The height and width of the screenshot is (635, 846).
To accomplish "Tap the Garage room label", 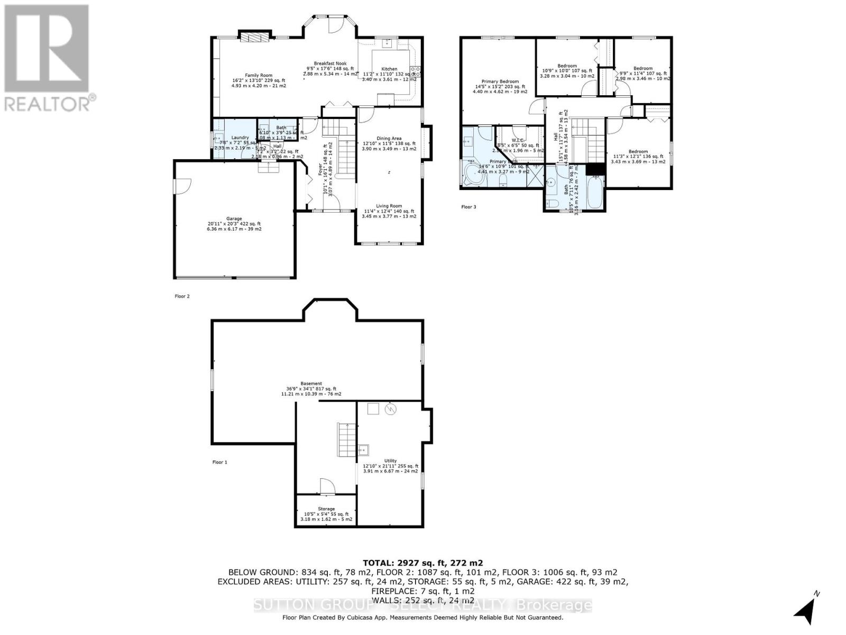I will coord(234,219).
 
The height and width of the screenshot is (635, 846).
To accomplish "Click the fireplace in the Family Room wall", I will coord(256,36).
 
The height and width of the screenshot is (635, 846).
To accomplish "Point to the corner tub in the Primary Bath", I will coord(472,174).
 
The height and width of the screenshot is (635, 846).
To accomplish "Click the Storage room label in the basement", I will coord(326,509).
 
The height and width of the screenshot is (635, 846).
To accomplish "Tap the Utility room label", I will coord(390,461).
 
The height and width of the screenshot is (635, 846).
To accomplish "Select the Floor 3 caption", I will coord(468,207).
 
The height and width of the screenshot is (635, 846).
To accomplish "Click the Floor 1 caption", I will coord(219,462).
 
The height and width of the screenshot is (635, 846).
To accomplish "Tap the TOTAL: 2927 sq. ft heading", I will coord(422,563).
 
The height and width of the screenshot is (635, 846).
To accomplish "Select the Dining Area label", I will coord(389,139).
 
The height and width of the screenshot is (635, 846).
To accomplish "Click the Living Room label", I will coord(389,206).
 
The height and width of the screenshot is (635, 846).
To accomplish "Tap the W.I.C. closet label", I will coord(517,140).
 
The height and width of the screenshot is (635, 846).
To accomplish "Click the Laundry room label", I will coord(240,138).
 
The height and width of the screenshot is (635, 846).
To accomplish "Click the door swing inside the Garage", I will coord(182,185).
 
